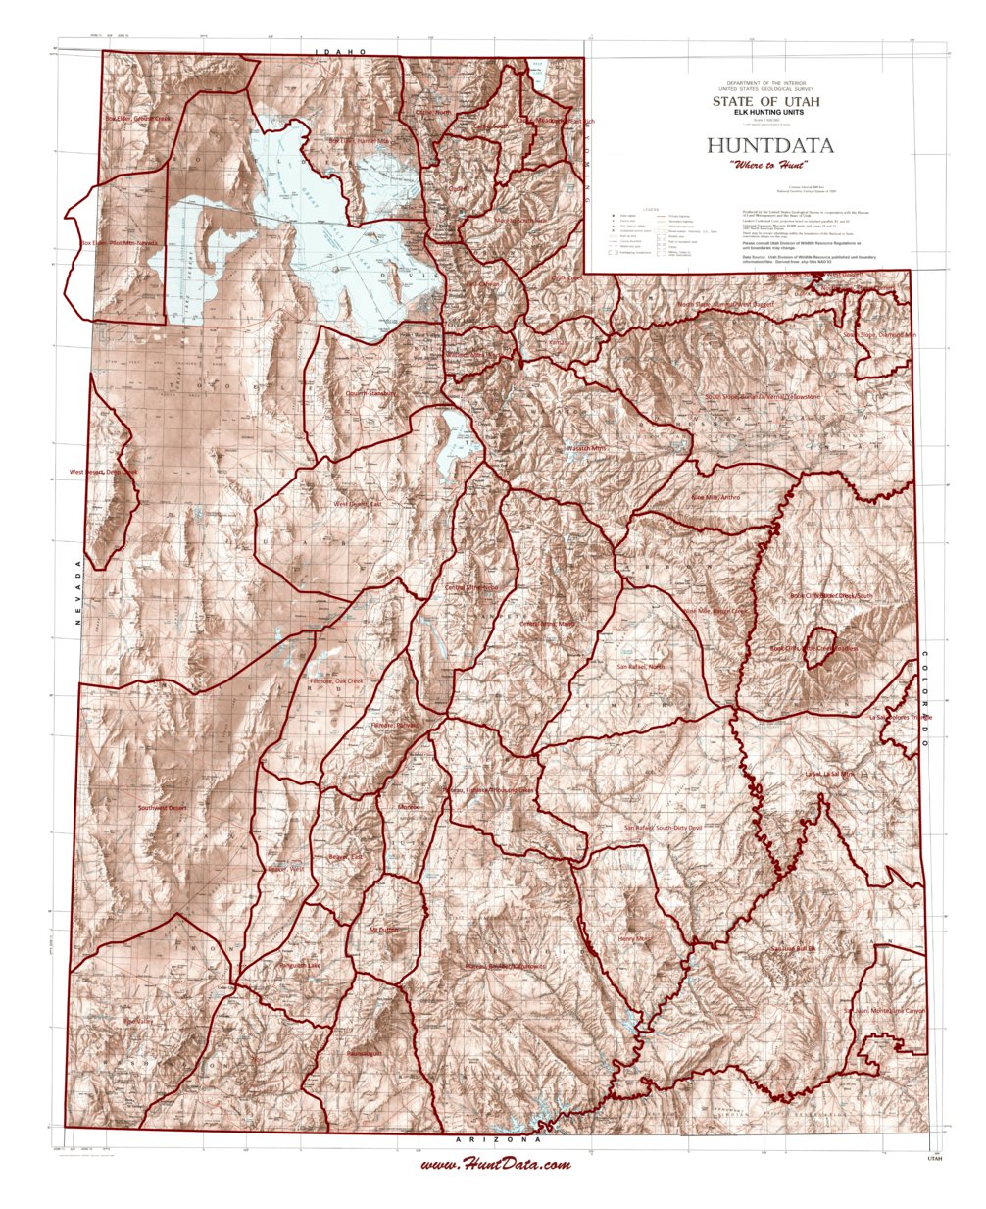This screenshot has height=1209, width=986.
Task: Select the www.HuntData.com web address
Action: pyautogui.click(x=496, y=1165)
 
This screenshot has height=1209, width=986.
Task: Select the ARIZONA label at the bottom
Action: pyautogui.click(x=498, y=1141)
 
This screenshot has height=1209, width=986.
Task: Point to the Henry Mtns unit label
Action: pyautogui.click(x=634, y=939)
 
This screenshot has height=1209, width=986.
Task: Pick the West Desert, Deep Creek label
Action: pyautogui.click(x=104, y=472)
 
